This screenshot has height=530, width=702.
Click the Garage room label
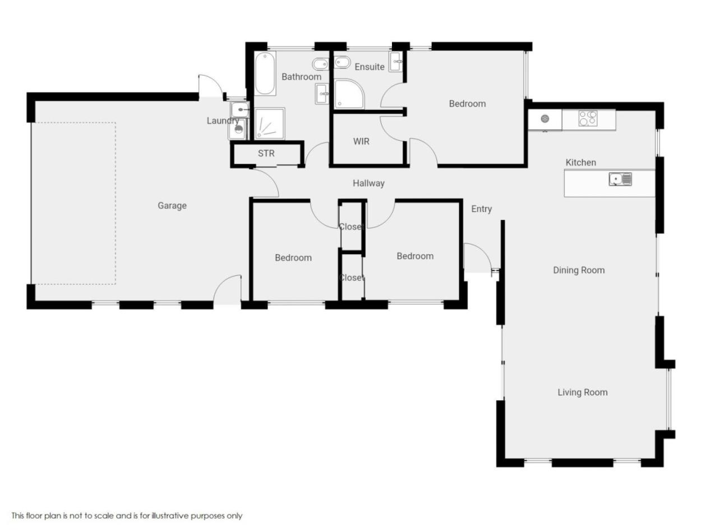(x=172, y=205)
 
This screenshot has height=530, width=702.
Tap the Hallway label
(x=368, y=183)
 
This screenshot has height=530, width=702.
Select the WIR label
(x=361, y=141)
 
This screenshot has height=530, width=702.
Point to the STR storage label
(x=266, y=153)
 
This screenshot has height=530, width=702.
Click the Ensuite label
(x=370, y=67)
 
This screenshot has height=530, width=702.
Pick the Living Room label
(x=583, y=393)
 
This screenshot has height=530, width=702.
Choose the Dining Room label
(x=579, y=270)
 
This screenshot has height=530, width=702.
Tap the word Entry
(x=481, y=209)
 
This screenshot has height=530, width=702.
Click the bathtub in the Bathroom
(x=265, y=73)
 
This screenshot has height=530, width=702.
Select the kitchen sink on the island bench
(x=620, y=179)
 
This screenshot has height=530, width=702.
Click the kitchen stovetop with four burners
(x=588, y=118)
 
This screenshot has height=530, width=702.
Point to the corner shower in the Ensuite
(x=349, y=94)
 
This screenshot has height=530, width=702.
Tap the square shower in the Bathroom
(x=270, y=123)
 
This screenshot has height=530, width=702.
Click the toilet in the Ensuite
(x=342, y=62)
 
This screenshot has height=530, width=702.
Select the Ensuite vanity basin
(x=396, y=61)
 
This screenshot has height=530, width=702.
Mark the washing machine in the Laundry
(x=238, y=129)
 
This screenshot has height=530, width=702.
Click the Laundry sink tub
(x=239, y=110)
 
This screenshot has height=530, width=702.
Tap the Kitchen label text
(x=580, y=163)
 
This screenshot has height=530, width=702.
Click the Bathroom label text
(x=301, y=77)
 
